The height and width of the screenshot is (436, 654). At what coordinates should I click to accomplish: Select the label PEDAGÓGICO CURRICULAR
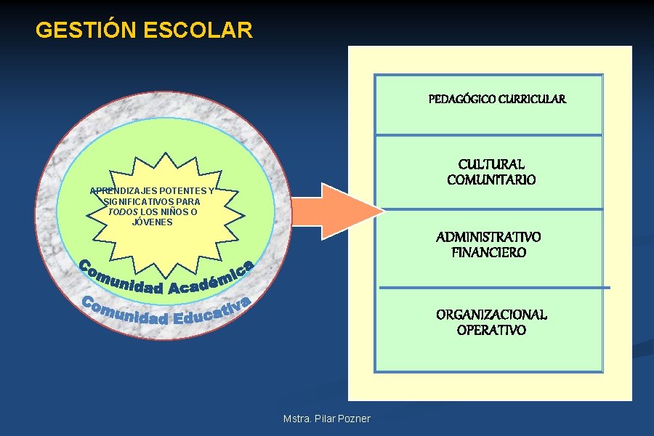(x=497, y=99)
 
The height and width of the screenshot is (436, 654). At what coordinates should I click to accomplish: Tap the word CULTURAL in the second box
(x=491, y=165)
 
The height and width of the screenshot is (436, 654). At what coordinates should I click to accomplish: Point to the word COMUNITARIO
(x=491, y=180)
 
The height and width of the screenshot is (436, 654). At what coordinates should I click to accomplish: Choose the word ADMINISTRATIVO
(x=488, y=237)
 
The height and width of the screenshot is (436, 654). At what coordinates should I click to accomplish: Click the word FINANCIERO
(x=488, y=253)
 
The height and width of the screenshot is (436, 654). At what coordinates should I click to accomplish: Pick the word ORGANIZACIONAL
(x=491, y=315)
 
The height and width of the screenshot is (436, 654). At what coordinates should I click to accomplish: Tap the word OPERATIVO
(x=491, y=331)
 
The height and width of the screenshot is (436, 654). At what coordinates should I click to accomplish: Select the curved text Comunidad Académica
(x=166, y=280)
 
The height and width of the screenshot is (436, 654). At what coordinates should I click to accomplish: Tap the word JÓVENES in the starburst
(x=153, y=222)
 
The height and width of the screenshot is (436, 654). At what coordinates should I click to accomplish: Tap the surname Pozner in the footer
(x=354, y=419)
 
